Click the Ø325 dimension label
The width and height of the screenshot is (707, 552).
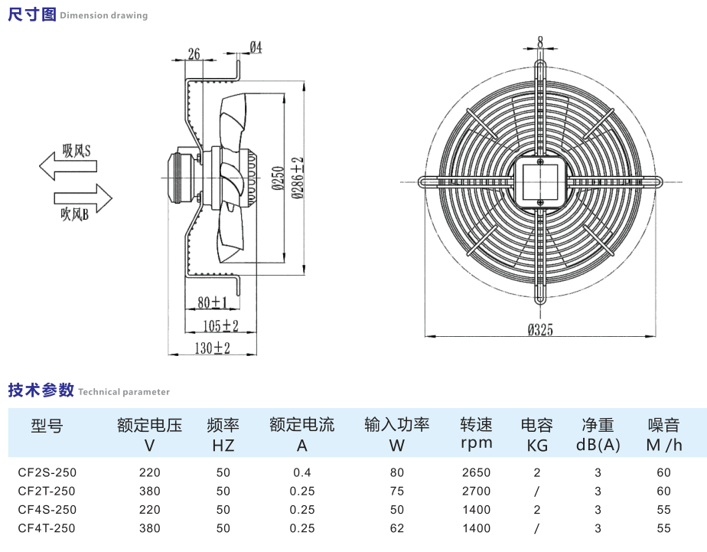[540, 330]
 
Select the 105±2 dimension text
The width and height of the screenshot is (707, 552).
[221, 326]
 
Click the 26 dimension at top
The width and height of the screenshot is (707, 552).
[194, 54]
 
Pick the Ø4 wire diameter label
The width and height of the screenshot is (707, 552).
[256, 47]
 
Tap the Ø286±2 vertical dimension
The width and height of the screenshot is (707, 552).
[298, 178]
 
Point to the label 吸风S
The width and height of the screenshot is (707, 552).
[77, 151]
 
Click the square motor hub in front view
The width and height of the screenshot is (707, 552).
[540, 181]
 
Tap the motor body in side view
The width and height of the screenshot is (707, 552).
[182, 177]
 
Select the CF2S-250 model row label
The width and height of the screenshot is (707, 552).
[47, 472]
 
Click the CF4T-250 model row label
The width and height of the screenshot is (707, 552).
[47, 528]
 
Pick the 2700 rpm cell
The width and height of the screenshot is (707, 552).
[476, 491]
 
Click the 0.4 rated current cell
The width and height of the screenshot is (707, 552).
[302, 472]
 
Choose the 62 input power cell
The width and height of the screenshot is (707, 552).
[396, 528]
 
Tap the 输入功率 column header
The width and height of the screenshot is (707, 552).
[397, 425]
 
